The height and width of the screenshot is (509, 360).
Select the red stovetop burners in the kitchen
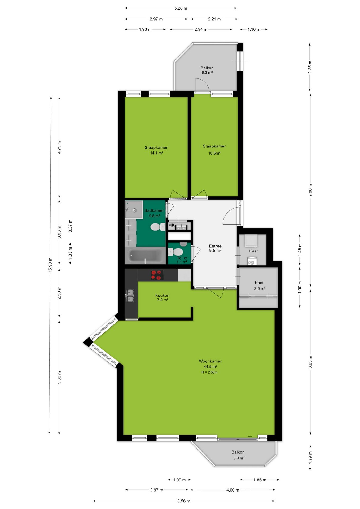157,275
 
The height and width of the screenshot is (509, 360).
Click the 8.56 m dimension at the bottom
184,501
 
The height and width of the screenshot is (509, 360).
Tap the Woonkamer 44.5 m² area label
210,364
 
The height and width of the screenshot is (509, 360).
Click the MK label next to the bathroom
172,225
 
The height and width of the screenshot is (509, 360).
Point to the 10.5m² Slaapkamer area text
214,153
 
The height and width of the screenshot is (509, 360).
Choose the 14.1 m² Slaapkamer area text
156,153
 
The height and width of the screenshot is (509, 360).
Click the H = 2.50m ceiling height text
209,372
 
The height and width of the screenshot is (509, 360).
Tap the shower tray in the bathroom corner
134,209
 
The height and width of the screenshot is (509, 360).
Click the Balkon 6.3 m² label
207,70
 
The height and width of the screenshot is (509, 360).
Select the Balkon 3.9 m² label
238,455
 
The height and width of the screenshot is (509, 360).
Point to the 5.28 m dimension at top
181,8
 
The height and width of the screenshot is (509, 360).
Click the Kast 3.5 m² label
259,286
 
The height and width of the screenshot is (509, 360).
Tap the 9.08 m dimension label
310,190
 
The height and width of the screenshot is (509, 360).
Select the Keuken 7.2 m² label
162,297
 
